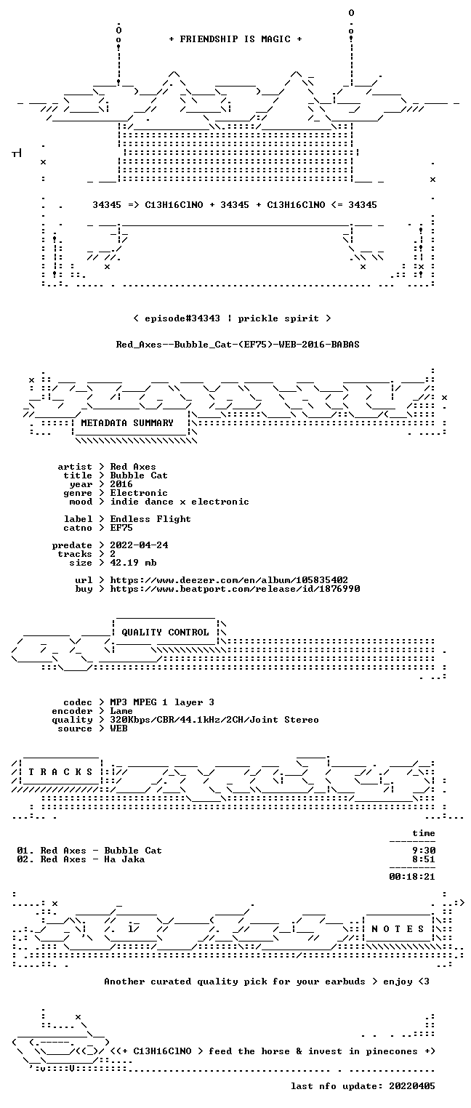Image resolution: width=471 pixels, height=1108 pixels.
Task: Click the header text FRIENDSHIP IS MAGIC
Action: pos(235,39)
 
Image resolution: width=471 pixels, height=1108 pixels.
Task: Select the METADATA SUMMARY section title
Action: pos(127,423)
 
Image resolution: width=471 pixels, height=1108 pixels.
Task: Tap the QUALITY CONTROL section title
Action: pos(165,632)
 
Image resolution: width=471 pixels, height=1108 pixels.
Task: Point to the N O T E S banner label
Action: pos(398,929)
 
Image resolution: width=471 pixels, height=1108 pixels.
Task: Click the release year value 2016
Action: pos(121,484)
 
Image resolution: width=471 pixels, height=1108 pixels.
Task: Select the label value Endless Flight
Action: pos(150,519)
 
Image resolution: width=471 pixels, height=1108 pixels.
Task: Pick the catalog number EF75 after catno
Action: pos(121,528)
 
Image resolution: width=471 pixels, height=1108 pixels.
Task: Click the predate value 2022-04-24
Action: pos(139,545)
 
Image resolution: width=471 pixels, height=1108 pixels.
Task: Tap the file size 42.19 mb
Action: pos(133,563)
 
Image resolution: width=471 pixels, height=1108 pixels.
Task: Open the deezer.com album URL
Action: pos(229,579)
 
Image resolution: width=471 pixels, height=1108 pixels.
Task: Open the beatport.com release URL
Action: pos(235,589)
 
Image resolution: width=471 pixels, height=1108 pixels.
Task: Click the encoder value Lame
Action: pos(121,711)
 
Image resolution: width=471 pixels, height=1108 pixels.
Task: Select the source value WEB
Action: pos(118,728)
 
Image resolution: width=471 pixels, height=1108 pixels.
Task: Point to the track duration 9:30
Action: pos(424,851)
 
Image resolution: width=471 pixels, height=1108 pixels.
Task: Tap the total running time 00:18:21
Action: pos(412,877)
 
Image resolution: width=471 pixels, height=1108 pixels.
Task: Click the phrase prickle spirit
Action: pos(278,318)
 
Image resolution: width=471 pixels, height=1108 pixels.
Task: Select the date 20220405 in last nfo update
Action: pos(412,1085)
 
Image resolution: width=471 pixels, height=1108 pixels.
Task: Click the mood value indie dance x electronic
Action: pos(180,502)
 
